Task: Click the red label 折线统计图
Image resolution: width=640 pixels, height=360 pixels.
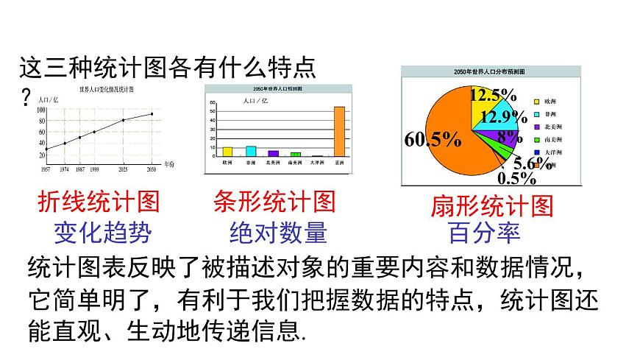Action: point(97,202)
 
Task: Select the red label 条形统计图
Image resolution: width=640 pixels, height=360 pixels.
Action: point(274,201)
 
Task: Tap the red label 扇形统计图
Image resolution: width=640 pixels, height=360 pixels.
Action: point(491,207)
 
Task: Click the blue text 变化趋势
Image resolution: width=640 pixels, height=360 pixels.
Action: point(102,233)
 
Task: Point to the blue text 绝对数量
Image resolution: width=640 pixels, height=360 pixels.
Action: point(278,233)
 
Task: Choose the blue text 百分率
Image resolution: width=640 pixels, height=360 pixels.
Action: point(484,233)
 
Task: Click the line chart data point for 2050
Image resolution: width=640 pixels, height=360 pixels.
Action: point(152,113)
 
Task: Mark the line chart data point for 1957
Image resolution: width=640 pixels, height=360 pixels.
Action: point(46,149)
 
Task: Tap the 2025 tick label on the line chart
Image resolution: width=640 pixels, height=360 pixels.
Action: point(122,170)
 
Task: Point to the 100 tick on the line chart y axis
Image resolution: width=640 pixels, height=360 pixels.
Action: point(40,110)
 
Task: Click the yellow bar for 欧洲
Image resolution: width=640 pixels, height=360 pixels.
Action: point(227,151)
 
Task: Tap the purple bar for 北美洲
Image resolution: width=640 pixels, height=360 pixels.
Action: point(274,153)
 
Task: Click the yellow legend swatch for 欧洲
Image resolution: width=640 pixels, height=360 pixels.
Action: point(538,101)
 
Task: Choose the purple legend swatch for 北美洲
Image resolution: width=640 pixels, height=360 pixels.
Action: point(538,127)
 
